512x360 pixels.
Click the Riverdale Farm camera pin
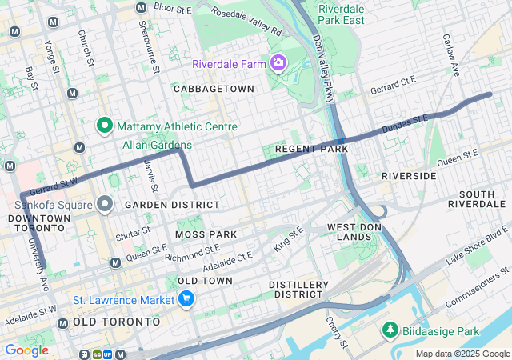tap(278, 62)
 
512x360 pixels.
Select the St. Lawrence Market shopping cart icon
tap(186, 300)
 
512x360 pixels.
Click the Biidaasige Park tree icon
tap(390, 330)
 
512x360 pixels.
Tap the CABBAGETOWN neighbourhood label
tap(214, 89)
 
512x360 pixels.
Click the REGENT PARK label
tap(311, 149)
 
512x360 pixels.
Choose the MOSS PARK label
tap(206, 234)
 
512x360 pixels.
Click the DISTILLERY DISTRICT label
tap(298, 290)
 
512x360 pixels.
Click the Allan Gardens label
tap(157, 145)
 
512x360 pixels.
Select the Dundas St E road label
tap(405, 122)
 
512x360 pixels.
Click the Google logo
tap(26, 350)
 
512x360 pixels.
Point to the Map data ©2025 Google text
tap(462, 354)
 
